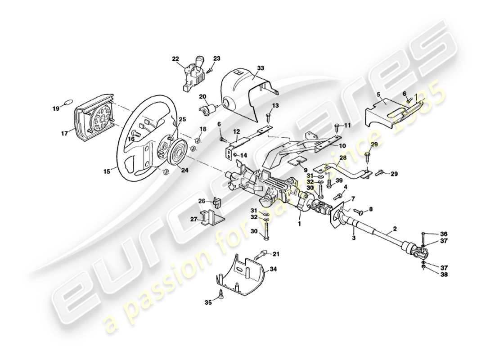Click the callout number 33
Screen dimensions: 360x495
(x=261, y=68)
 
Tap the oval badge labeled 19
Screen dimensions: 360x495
(x=67, y=102)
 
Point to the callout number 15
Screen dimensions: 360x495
(x=106, y=171)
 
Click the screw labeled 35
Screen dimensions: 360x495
(x=221, y=293)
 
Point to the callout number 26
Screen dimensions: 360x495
(x=202, y=201)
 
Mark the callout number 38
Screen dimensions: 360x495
(x=444, y=274)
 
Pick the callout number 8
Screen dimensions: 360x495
(x=371, y=209)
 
